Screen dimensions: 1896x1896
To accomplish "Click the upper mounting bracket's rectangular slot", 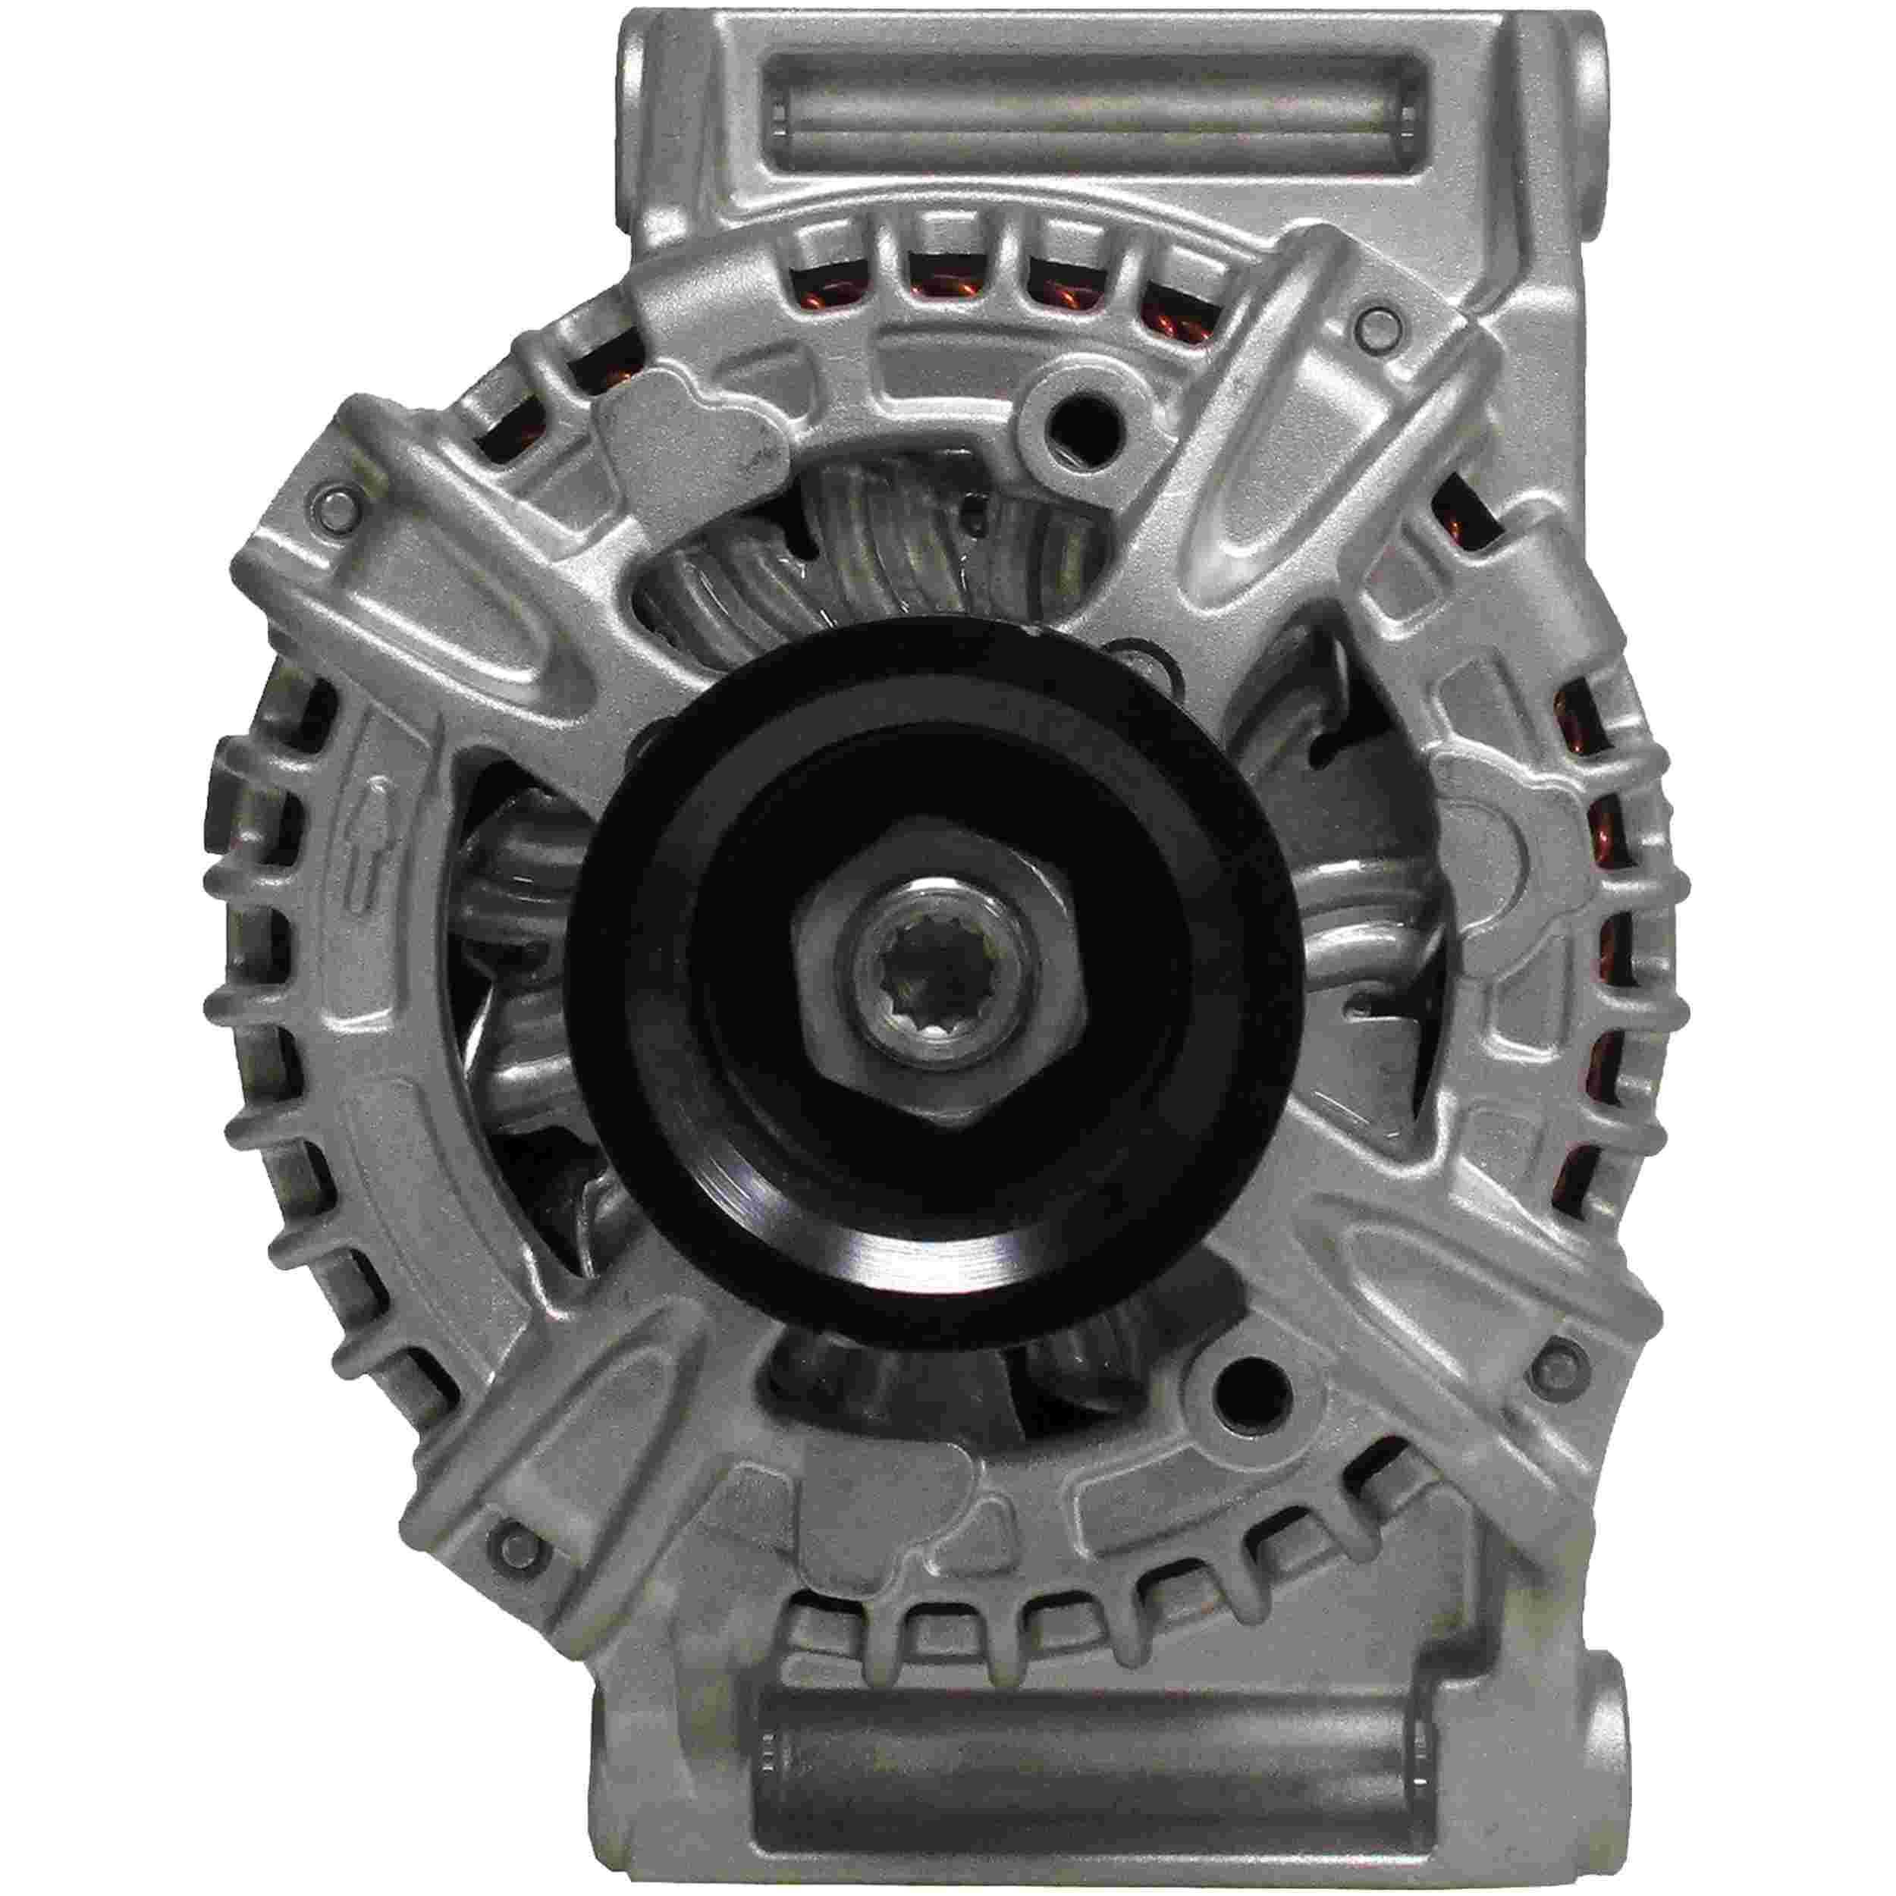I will [1089, 127].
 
